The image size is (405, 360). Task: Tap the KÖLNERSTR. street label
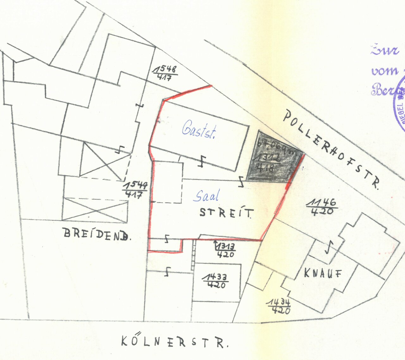coord(174,342)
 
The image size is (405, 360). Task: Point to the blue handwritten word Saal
coord(206,196)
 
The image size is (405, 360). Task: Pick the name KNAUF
coord(323,273)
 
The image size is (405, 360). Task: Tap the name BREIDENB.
coord(97,234)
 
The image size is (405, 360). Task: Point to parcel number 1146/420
coord(322,207)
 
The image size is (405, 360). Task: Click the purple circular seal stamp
coord(399,104)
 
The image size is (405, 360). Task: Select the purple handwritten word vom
coord(384,71)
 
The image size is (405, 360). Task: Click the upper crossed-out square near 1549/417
coord(105,161)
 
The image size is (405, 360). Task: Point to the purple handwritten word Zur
coord(385,50)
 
